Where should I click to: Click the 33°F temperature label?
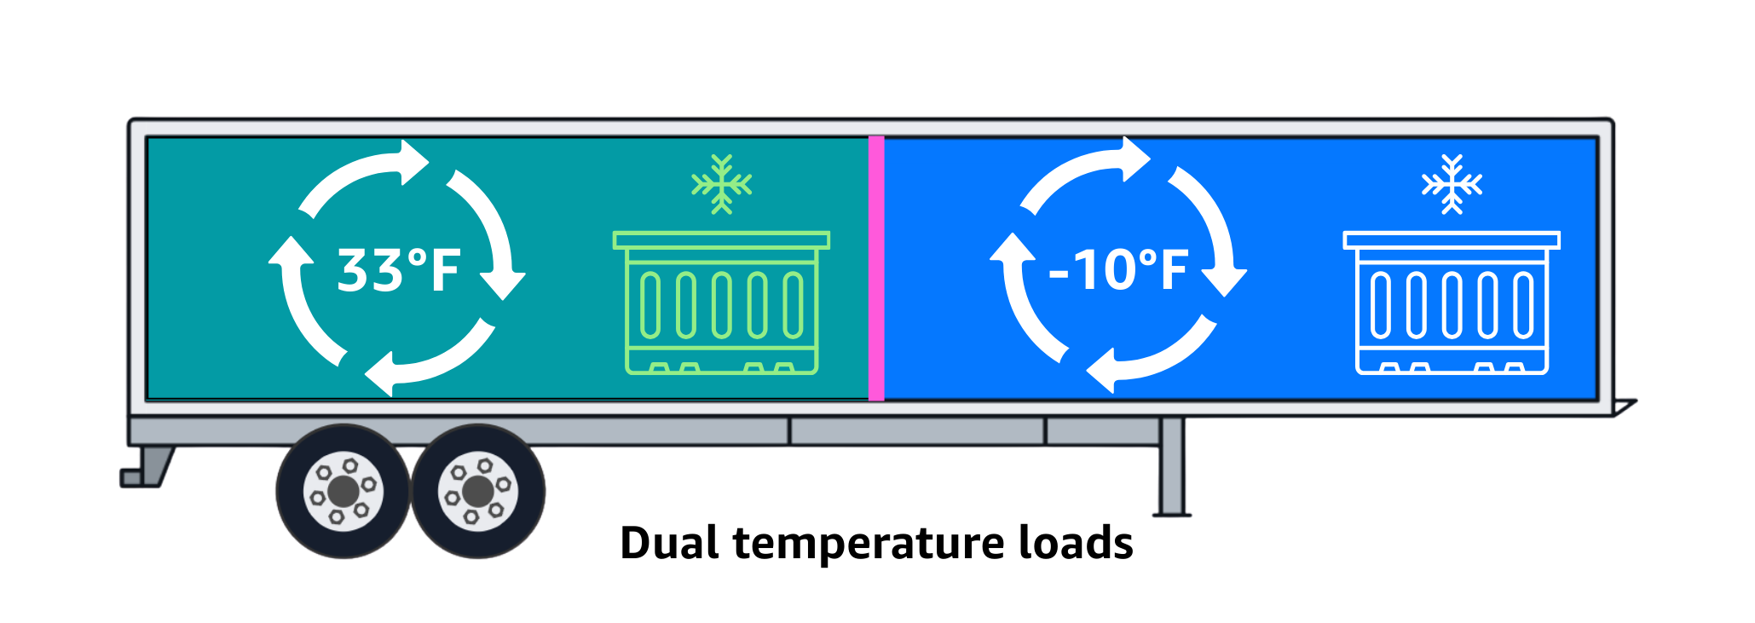click(x=399, y=270)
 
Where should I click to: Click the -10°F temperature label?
click(x=1118, y=270)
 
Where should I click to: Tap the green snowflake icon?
click(x=721, y=184)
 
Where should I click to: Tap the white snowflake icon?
click(x=1452, y=184)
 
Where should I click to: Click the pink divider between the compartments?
click(x=876, y=268)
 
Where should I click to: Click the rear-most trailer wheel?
click(x=343, y=491)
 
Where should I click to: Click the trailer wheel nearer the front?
click(x=478, y=491)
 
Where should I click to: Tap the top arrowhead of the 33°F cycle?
click(x=413, y=162)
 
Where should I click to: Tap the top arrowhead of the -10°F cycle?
click(x=1135, y=159)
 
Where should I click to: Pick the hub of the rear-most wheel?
click(x=343, y=491)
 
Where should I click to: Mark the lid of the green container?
click(x=721, y=240)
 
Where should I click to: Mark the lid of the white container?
click(x=1452, y=240)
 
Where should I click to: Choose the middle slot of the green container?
click(x=721, y=305)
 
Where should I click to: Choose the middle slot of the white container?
click(x=1452, y=305)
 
